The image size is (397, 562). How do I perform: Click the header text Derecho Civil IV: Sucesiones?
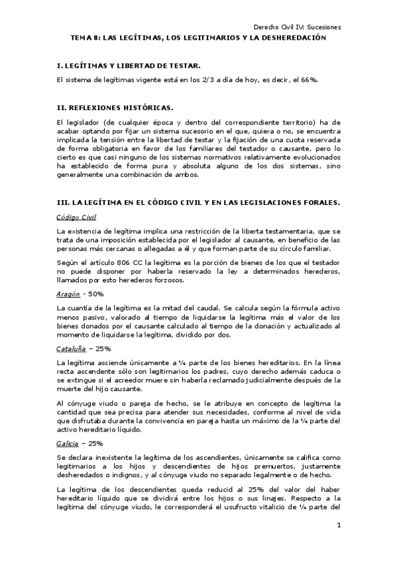298,27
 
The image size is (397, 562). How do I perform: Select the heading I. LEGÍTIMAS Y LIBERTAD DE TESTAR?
129,66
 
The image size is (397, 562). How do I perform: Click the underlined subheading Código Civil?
76,217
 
